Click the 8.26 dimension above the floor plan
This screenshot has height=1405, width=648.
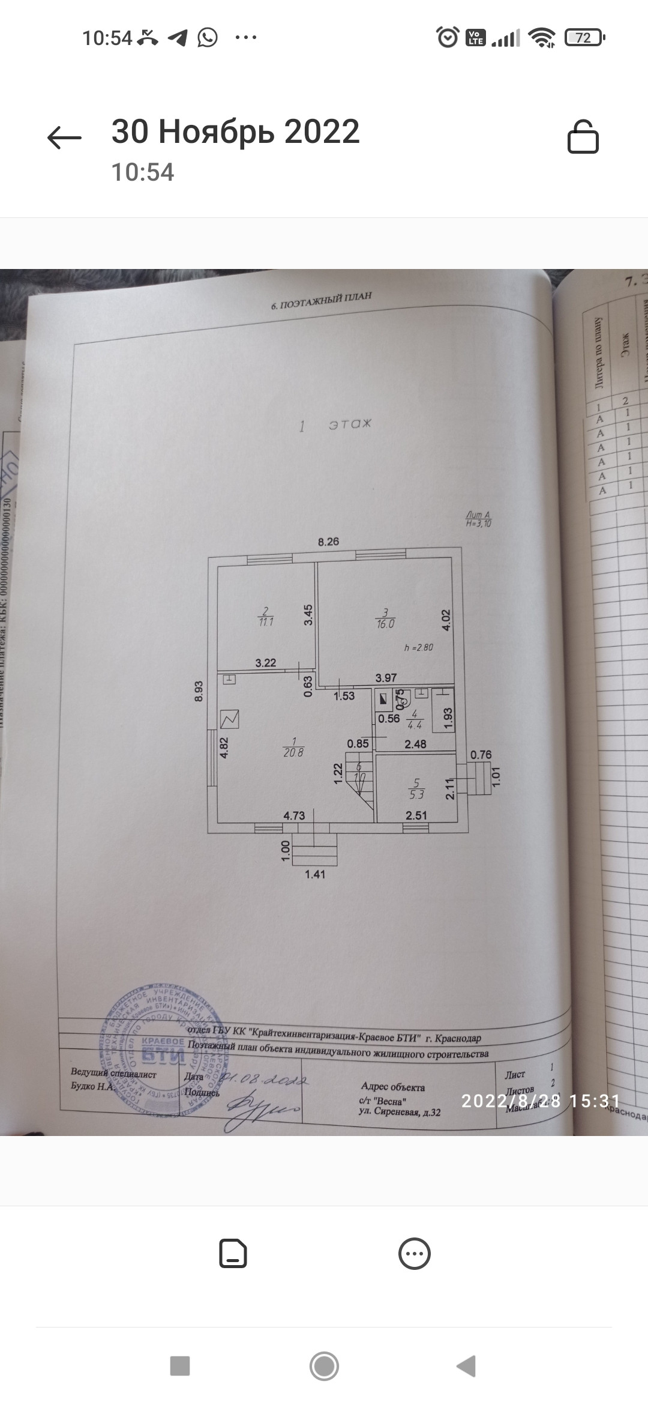pyautogui.click(x=328, y=542)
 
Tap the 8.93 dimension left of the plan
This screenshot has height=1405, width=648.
pyautogui.click(x=200, y=690)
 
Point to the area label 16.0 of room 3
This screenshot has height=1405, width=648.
pyautogui.click(x=386, y=624)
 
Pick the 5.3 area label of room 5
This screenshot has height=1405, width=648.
pyautogui.click(x=416, y=794)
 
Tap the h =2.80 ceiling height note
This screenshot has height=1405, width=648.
pyautogui.click(x=419, y=648)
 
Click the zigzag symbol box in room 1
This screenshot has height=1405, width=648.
pyautogui.click(x=230, y=719)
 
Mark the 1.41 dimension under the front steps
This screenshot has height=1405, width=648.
pyautogui.click(x=315, y=874)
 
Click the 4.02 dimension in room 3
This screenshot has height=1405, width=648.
pyautogui.click(x=446, y=620)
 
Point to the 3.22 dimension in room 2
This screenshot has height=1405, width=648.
pyautogui.click(x=266, y=663)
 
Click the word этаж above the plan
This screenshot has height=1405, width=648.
pyautogui.click(x=350, y=425)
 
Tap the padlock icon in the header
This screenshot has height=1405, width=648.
pyautogui.click(x=583, y=137)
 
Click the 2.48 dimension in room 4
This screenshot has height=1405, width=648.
pyautogui.click(x=415, y=744)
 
